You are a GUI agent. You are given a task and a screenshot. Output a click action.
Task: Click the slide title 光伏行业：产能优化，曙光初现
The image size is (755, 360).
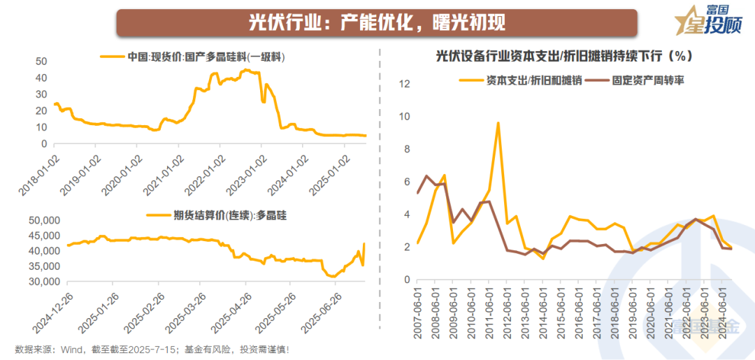(x=377, y=22)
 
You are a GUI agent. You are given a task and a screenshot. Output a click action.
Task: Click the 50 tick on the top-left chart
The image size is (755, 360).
(x=41, y=61)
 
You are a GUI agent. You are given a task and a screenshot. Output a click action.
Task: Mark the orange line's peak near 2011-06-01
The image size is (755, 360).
(x=498, y=123)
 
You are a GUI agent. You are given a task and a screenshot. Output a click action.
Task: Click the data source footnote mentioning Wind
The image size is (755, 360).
(x=151, y=349)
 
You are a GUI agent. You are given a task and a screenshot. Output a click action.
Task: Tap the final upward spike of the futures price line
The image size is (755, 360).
(x=364, y=244)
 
